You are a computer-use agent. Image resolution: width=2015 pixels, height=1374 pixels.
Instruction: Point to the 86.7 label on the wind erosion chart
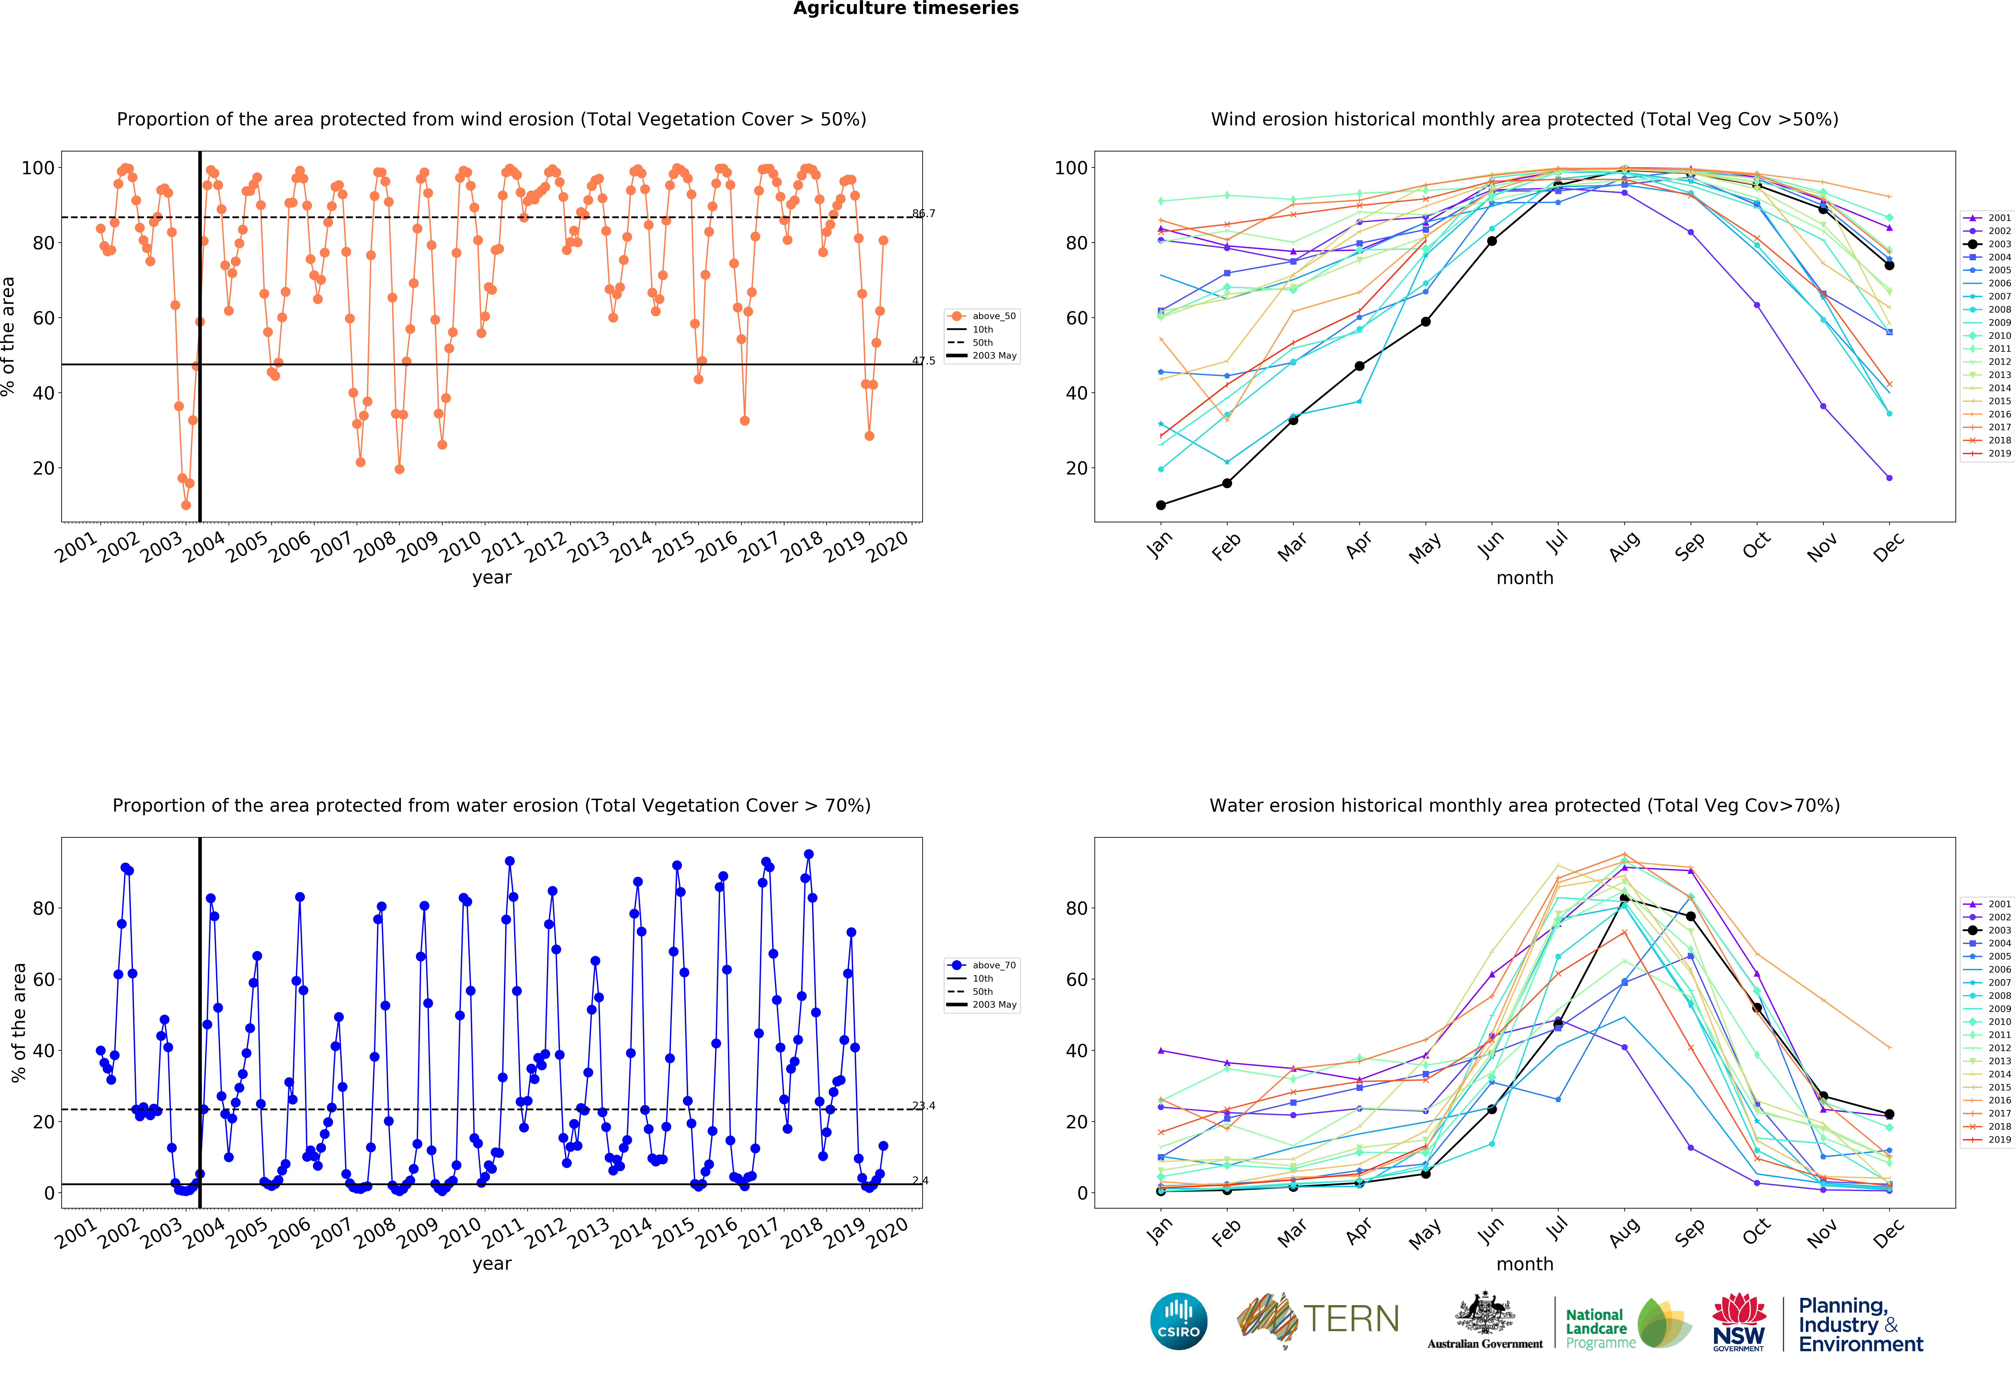click(x=923, y=213)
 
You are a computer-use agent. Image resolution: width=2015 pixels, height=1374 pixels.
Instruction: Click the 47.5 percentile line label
click(x=923, y=361)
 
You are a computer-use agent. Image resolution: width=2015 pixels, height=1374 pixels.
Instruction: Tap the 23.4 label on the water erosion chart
click(x=923, y=1106)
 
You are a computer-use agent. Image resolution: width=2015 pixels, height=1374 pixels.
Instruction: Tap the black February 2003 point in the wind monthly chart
click(x=1227, y=483)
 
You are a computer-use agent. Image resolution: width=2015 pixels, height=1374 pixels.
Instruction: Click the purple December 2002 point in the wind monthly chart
click(x=1889, y=478)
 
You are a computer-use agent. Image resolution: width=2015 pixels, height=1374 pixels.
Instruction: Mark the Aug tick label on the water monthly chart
click(x=1624, y=1232)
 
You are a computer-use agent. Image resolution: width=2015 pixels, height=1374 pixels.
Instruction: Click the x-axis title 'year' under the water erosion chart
click(x=492, y=1264)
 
